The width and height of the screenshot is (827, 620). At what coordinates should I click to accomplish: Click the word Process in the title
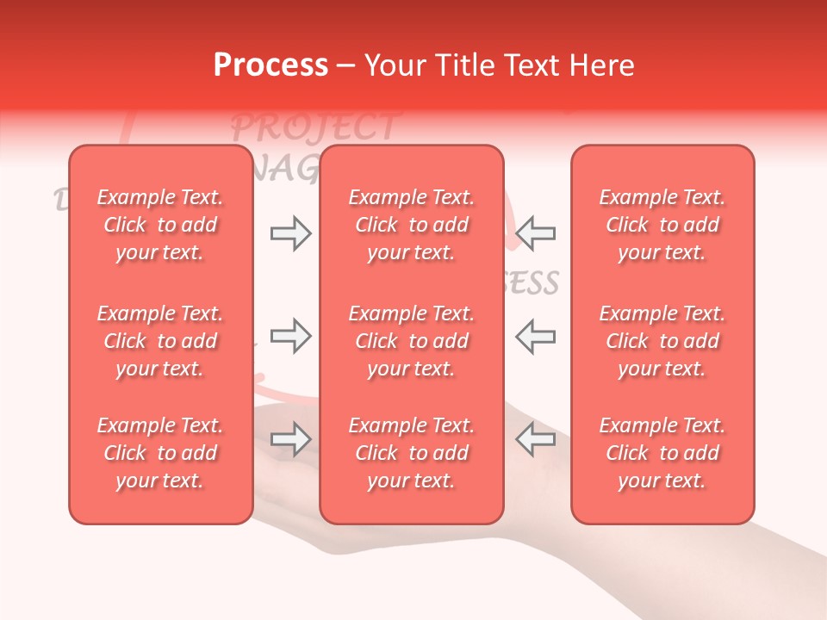[270, 65]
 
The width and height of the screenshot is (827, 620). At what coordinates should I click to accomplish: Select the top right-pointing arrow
[290, 233]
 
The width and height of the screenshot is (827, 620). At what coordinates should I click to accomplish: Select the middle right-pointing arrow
[290, 336]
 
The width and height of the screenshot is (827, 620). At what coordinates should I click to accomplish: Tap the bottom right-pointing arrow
[290, 439]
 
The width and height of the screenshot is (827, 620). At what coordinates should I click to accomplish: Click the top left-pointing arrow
[536, 233]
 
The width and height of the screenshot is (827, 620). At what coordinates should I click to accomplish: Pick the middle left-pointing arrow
[536, 336]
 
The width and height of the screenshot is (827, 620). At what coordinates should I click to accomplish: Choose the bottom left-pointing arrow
[536, 439]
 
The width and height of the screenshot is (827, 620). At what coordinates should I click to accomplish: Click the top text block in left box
[160, 225]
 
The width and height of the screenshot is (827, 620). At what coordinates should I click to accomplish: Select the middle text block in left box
[160, 341]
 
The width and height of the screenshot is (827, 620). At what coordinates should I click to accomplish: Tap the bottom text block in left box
[160, 453]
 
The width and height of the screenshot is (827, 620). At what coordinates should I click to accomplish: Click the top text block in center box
[412, 225]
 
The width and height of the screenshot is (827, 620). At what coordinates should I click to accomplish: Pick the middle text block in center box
[412, 341]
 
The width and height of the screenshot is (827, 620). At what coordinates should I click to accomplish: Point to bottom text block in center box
[412, 453]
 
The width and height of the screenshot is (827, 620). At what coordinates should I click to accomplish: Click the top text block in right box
[662, 225]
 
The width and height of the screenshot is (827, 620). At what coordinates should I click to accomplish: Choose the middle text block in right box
[662, 341]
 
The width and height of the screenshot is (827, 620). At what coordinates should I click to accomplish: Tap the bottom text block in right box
[662, 453]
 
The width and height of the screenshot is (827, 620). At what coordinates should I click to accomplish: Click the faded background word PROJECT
[315, 127]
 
